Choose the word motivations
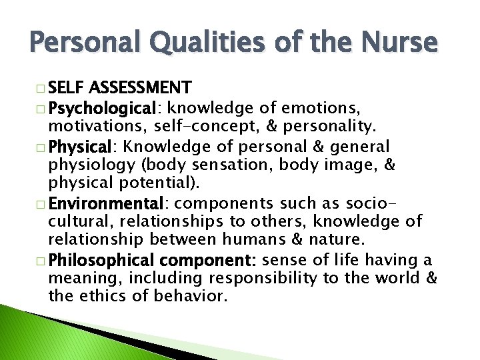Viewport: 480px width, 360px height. pyautogui.click(x=98, y=127)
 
